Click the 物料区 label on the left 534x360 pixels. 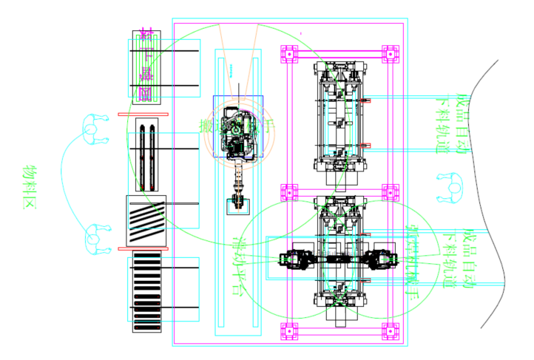30,188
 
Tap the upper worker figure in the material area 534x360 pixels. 92,129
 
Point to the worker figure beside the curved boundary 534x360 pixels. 448,187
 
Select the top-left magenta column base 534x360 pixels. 288,55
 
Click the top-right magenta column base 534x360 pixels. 390,55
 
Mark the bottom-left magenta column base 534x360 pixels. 288,331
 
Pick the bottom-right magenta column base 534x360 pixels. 390,331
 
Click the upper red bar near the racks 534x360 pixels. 143,115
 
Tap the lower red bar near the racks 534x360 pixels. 143,249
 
